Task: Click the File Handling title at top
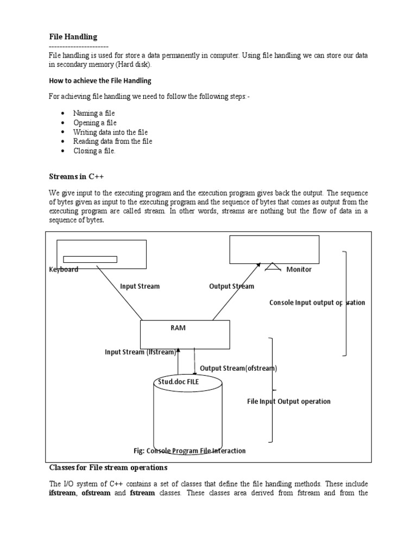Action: click(x=73, y=37)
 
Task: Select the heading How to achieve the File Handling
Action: click(x=100, y=81)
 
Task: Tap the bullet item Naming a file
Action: click(x=94, y=113)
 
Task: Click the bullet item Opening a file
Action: click(x=95, y=123)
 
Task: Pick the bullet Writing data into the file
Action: click(x=111, y=132)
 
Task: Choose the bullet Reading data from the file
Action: click(x=113, y=141)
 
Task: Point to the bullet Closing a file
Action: click(x=94, y=151)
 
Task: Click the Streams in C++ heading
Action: click(x=77, y=176)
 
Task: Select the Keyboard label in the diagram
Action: click(x=64, y=269)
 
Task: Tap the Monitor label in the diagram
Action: click(x=299, y=269)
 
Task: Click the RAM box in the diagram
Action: click(x=185, y=334)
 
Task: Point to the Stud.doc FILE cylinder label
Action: click(x=179, y=382)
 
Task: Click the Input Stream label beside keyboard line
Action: click(x=140, y=286)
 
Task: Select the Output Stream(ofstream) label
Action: click(x=238, y=368)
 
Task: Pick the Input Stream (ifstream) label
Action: click(x=141, y=352)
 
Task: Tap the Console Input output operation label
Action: click(x=317, y=302)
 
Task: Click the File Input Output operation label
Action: click(x=289, y=401)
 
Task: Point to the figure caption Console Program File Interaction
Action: click(x=189, y=451)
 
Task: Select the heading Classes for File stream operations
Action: click(x=109, y=467)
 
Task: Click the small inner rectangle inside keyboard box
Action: click(x=90, y=259)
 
